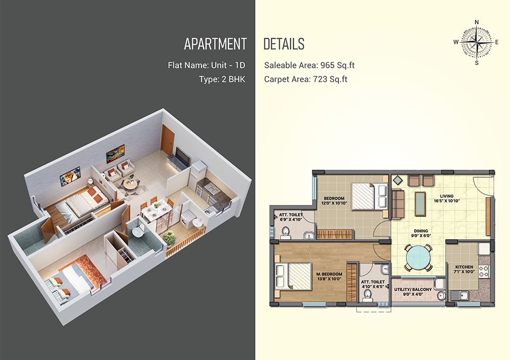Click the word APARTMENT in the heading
(215, 44)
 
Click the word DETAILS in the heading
(284, 44)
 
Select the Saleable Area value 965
(327, 65)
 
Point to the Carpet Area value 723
(320, 79)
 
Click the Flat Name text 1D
(240, 65)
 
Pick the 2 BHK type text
(233, 79)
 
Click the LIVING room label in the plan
(447, 196)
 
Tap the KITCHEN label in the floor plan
(464, 267)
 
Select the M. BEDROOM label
(329, 274)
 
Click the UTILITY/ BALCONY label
(413, 290)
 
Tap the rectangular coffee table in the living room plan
(421, 204)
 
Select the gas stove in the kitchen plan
(483, 272)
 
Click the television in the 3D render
(183, 156)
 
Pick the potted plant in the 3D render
(169, 238)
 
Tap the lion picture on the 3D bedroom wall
(70, 176)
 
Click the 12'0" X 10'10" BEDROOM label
(334, 200)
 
